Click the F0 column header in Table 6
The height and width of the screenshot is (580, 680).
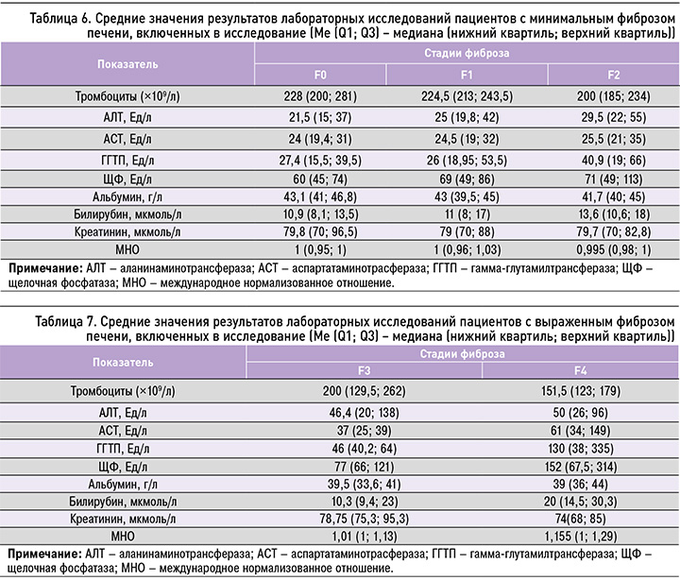pos(321,75)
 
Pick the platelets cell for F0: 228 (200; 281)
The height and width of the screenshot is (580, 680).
pos(321,97)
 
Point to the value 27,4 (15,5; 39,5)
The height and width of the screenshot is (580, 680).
pos(321,160)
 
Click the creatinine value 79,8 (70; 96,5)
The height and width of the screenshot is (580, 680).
pos(321,231)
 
